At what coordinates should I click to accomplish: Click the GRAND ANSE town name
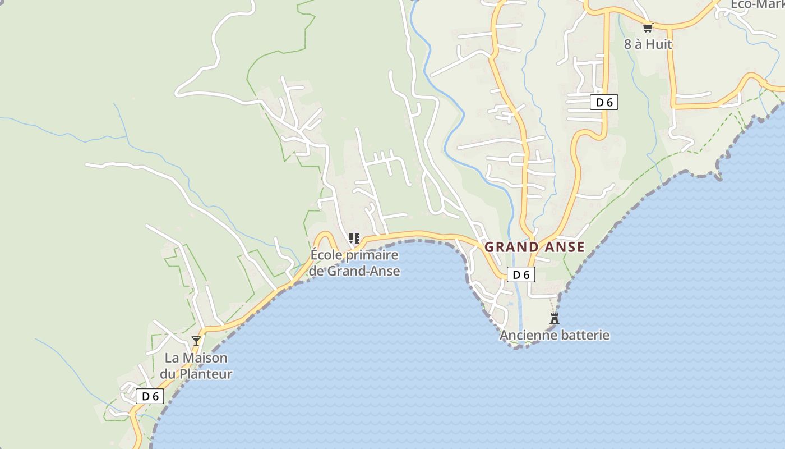[x=534, y=247]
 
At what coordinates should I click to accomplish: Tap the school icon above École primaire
[x=354, y=239]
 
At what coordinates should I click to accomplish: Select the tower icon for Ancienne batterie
[x=555, y=319]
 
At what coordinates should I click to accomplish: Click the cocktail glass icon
[x=196, y=341]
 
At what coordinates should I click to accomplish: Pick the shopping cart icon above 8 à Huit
[x=648, y=27]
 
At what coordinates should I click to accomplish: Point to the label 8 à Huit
[x=648, y=44]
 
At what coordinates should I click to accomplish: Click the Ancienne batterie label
[x=554, y=336]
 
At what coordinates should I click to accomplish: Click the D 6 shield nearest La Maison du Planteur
[x=150, y=396]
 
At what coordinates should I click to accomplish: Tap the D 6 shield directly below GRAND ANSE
[x=521, y=274]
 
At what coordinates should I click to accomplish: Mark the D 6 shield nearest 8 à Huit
[x=603, y=102]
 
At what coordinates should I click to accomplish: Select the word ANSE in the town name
[x=562, y=247]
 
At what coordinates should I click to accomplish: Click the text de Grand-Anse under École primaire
[x=355, y=271]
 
